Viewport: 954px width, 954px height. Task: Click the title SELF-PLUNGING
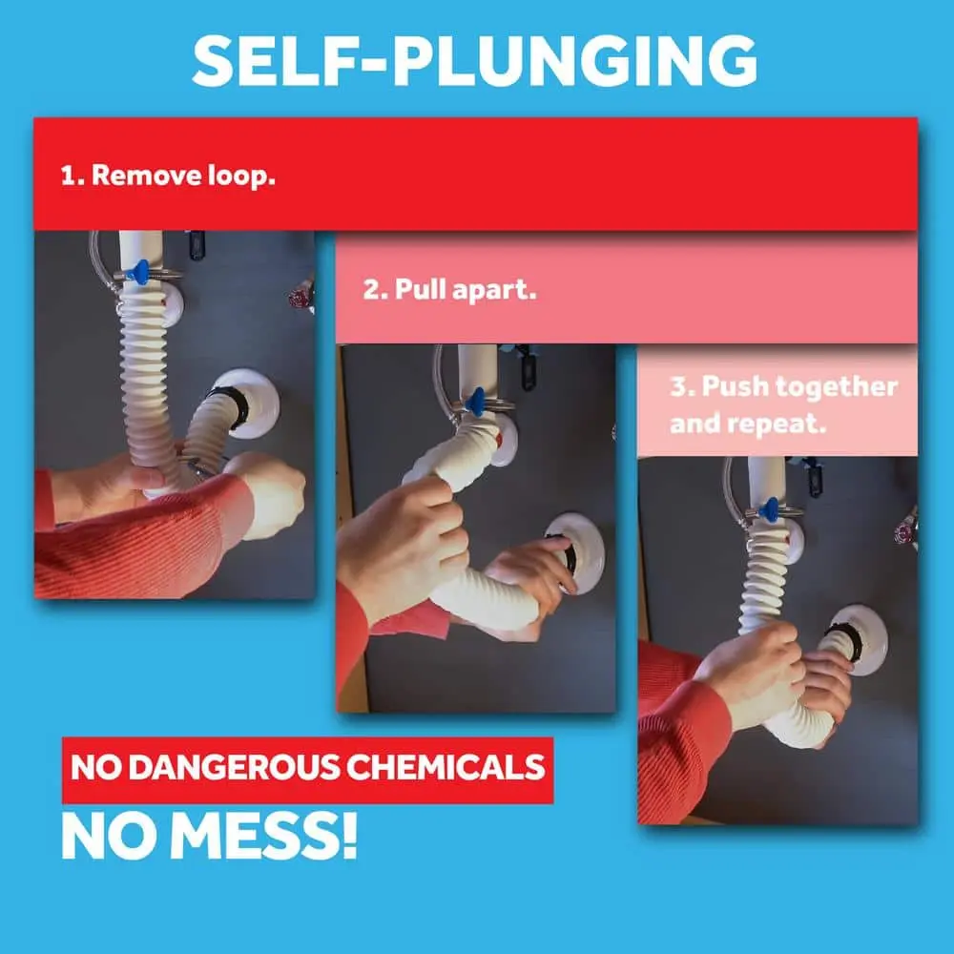474,60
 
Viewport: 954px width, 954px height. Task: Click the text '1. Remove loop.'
168,176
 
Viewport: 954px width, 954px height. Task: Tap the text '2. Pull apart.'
449,289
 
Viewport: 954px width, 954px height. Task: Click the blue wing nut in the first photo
140,273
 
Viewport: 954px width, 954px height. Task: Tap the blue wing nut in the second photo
476,402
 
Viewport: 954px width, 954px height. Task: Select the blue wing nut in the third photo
768,509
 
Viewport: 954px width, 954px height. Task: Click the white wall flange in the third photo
860,639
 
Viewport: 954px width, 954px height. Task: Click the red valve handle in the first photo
301,298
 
